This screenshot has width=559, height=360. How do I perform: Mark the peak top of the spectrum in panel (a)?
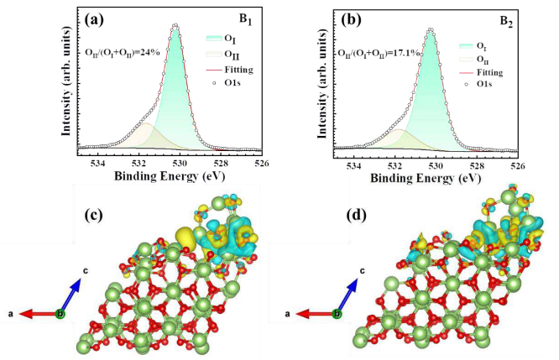(175, 25)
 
